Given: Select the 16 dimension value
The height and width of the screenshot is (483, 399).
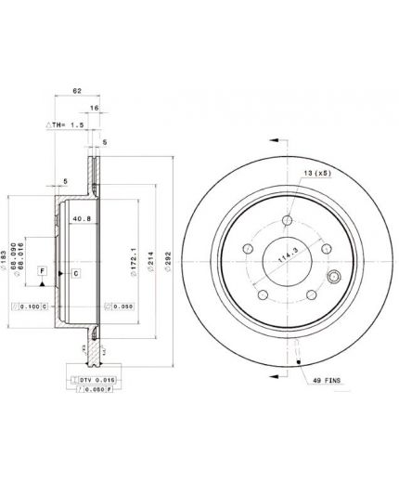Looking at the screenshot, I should click(x=95, y=108).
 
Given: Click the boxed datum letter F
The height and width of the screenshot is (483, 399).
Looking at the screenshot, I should click(x=42, y=270).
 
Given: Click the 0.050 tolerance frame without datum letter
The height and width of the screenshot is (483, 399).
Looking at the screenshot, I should click(x=120, y=305).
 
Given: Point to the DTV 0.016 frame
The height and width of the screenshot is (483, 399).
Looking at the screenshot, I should click(x=91, y=381).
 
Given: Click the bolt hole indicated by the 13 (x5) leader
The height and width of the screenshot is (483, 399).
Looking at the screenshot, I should click(x=287, y=221).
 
